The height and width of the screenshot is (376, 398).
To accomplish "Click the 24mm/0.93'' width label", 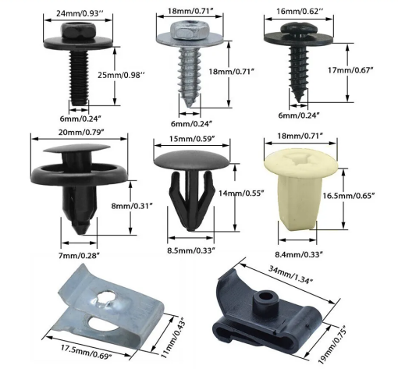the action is tap(78, 13).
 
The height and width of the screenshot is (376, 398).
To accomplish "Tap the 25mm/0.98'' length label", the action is tap(121, 75).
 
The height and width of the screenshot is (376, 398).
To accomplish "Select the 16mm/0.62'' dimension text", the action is tap(298, 12).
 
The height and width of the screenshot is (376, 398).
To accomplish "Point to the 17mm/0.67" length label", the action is tap(350, 70).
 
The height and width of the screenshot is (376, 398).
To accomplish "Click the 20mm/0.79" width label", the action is tap(81, 133).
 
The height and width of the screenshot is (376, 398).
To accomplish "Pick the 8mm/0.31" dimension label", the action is tap(132, 206).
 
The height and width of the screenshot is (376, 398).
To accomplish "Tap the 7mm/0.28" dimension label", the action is tap(79, 256).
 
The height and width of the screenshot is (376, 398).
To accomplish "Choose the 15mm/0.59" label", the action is tap(192, 139).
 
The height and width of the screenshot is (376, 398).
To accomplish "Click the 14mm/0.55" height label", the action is tap(241, 193).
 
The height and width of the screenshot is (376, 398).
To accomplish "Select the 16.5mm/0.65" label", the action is tap(349, 196).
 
